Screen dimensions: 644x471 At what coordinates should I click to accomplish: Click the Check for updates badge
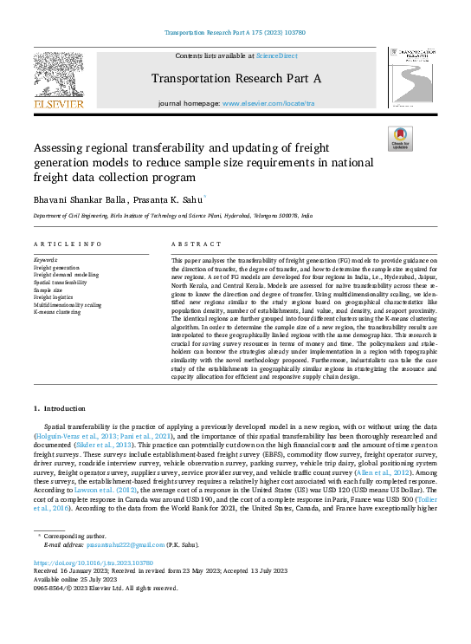click(399, 139)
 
